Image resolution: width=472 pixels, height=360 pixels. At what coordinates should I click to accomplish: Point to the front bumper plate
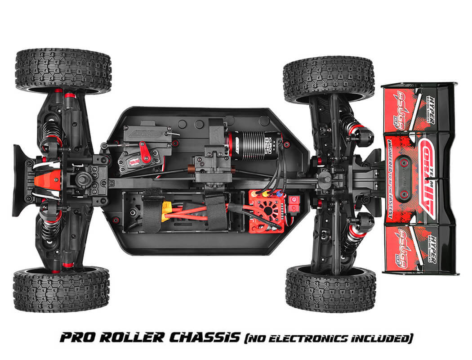click(22, 180)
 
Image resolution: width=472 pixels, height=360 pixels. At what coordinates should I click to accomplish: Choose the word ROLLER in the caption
click(130, 337)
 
